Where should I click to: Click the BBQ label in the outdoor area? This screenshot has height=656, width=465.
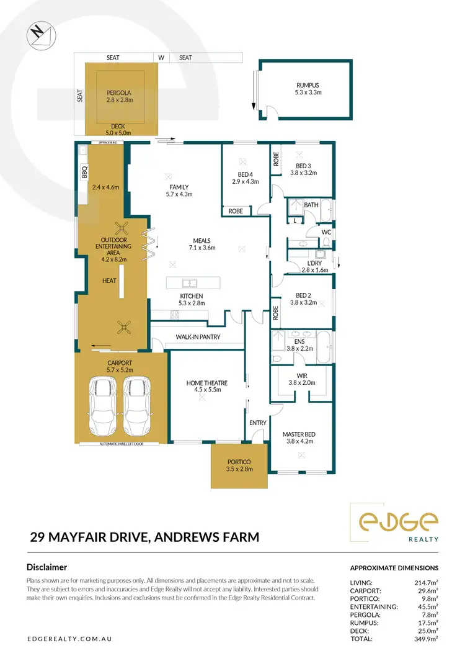pyautogui.click(x=85, y=172)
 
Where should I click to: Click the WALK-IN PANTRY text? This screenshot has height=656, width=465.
pyautogui.click(x=198, y=338)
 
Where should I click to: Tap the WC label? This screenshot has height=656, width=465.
pyautogui.click(x=326, y=232)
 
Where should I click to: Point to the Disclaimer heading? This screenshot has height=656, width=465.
pyautogui.click(x=46, y=567)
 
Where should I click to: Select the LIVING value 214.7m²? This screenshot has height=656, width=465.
pyautogui.click(x=425, y=583)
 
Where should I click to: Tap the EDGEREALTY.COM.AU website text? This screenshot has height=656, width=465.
pyautogui.click(x=69, y=639)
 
